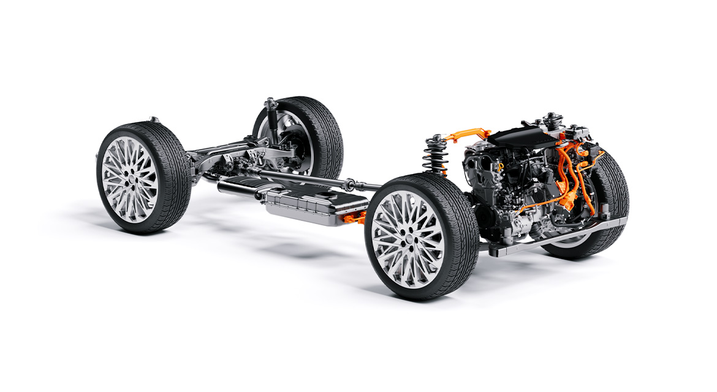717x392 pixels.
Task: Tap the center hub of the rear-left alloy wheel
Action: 129,178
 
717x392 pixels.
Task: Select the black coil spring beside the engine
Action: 435,156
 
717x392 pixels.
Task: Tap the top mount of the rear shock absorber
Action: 270,102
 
